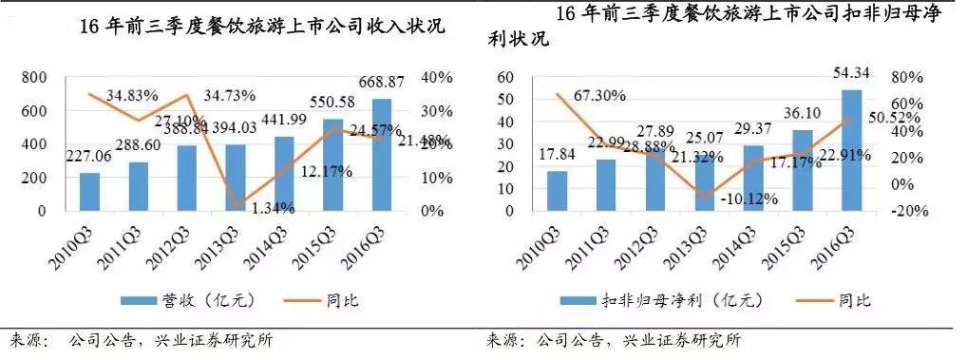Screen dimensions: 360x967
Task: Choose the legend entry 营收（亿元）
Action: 169,300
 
